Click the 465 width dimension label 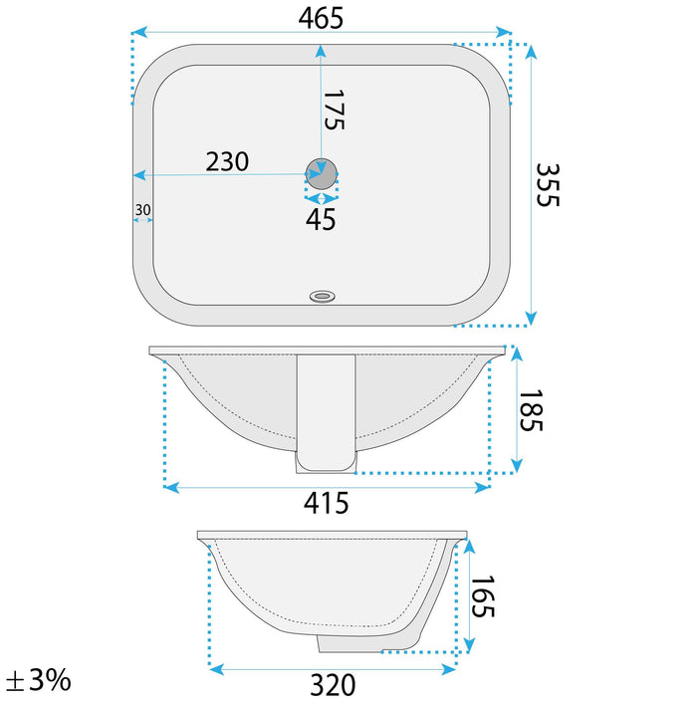point(321,17)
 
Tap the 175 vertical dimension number point(334,110)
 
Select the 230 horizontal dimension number point(227,160)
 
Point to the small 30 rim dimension point(142,209)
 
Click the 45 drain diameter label point(321,220)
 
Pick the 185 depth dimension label point(530,410)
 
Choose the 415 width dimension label point(327,504)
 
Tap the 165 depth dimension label point(482,596)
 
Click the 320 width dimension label point(333,685)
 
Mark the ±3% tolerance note point(38,681)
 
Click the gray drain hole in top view point(321,173)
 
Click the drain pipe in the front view point(326,412)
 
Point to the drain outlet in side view point(348,643)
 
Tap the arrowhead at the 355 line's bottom point(531,317)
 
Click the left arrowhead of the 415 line point(170,487)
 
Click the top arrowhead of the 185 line point(516,354)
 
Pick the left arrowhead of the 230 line point(139,175)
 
